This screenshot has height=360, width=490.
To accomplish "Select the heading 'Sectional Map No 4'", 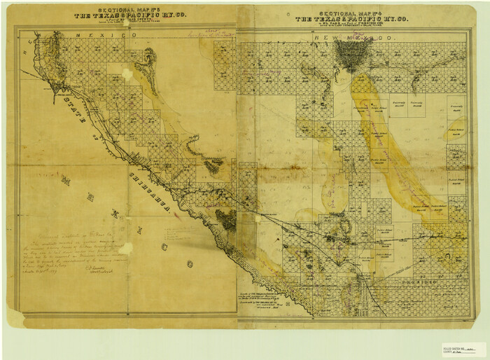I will (x=353, y=13).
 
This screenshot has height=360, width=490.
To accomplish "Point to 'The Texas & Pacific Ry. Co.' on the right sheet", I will (x=353, y=19).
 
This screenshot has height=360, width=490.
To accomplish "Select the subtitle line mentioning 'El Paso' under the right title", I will (x=353, y=25).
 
